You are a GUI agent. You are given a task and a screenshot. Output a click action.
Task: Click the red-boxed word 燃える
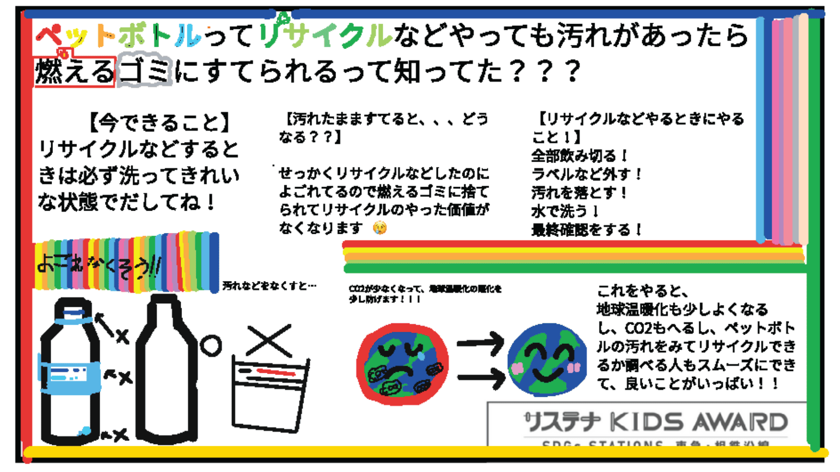coord(74,72)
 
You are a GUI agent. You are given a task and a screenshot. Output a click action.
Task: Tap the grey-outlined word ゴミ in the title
coord(145,71)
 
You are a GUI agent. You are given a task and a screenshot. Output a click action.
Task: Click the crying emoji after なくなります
coord(380,228)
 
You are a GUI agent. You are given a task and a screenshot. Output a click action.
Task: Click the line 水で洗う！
coord(565,211)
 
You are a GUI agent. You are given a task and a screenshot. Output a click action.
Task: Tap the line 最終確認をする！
coord(586,229)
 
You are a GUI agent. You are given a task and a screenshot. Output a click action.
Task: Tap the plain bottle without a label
coord(166,371)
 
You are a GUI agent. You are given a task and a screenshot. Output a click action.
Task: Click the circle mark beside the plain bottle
coord(211,346)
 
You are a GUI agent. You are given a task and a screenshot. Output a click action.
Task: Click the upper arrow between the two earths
coord(480,343)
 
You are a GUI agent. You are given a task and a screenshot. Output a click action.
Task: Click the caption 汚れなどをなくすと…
coord(269,286)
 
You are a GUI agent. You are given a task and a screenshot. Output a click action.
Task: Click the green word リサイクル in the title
coord(325,35)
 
